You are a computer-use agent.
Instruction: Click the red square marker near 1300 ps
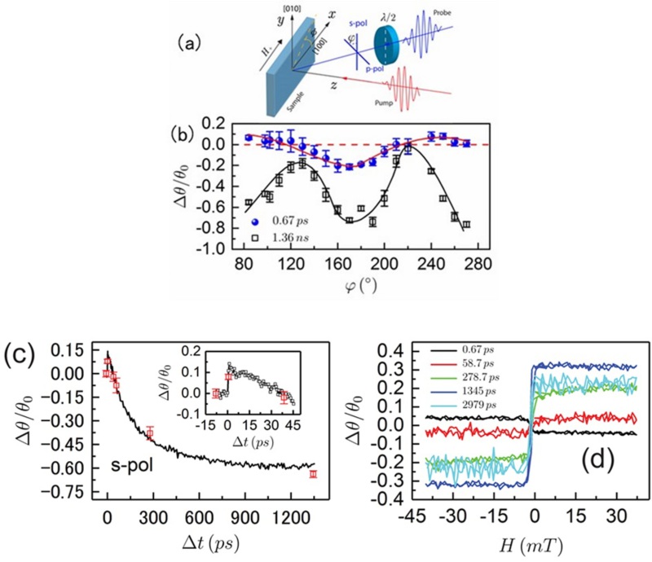tap(313, 474)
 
